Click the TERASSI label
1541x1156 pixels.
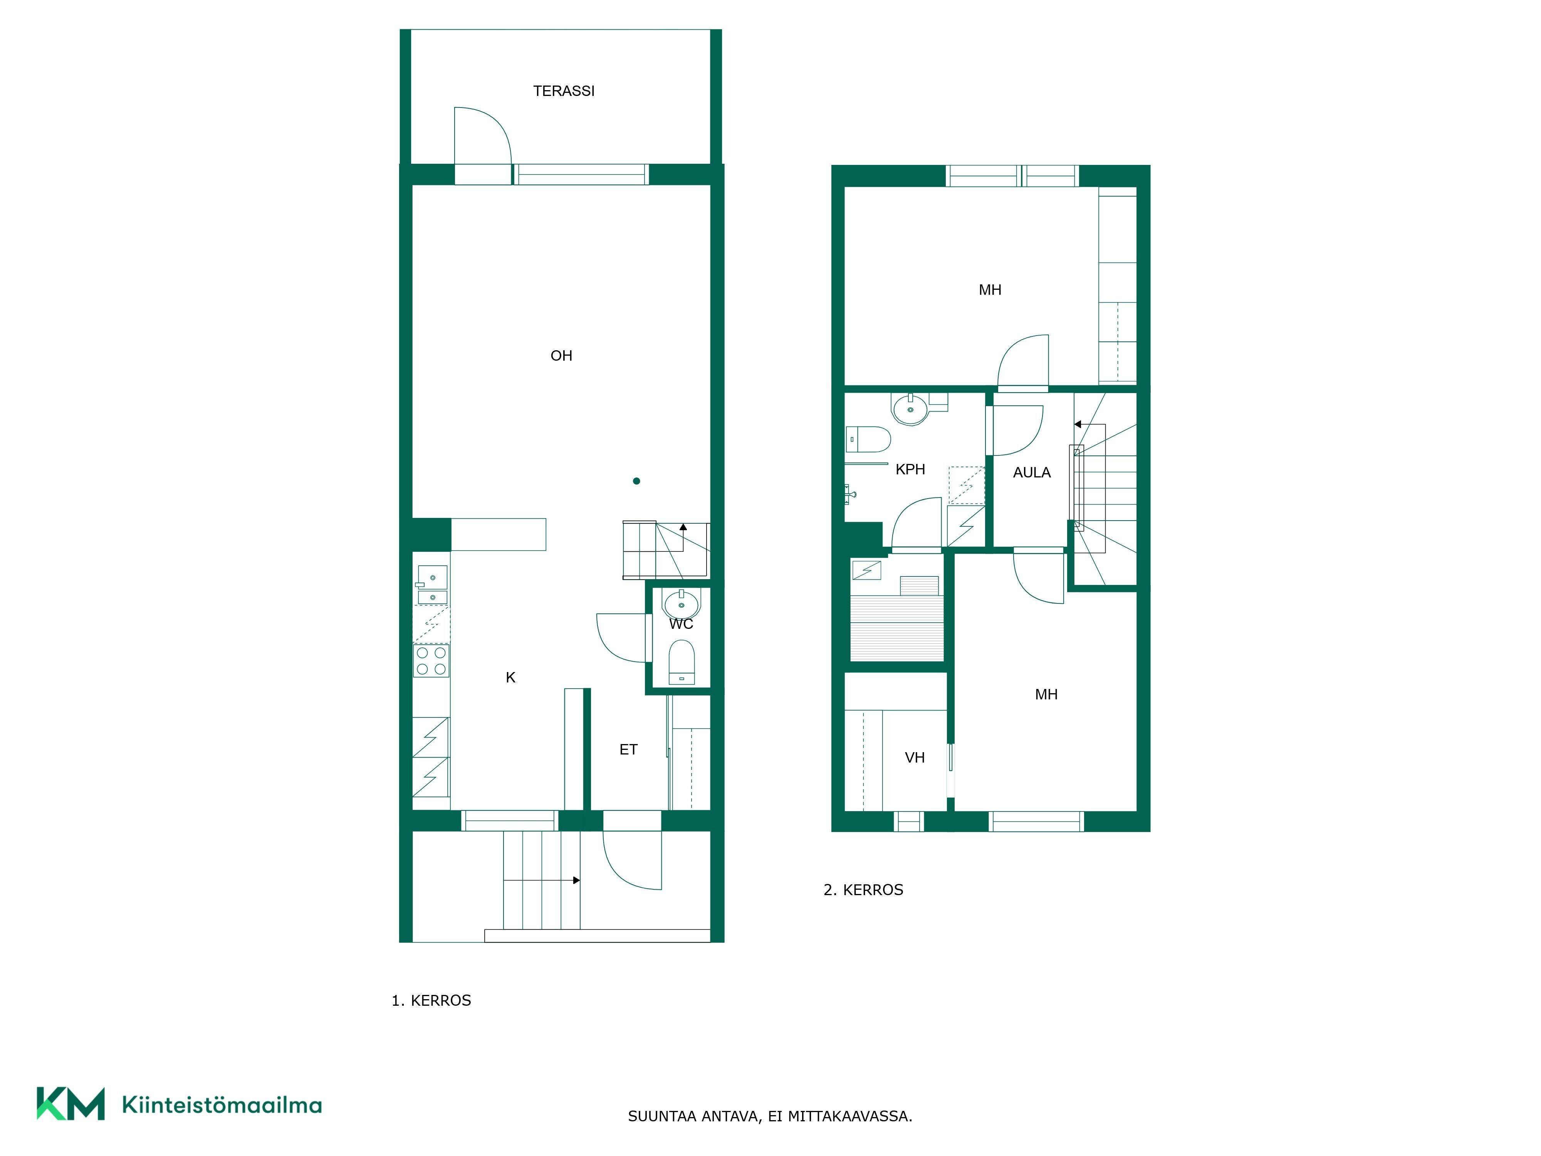pos(564,91)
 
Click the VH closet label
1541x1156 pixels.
pos(915,758)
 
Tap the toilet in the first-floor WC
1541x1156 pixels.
pos(682,662)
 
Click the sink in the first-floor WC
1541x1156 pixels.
pos(682,603)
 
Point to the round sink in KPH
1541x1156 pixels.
pos(910,410)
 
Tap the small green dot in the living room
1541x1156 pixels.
pos(636,481)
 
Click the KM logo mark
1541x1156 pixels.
pos(71,1103)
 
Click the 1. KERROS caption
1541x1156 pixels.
pos(431,1001)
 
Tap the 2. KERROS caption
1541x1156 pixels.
pos(863,890)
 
